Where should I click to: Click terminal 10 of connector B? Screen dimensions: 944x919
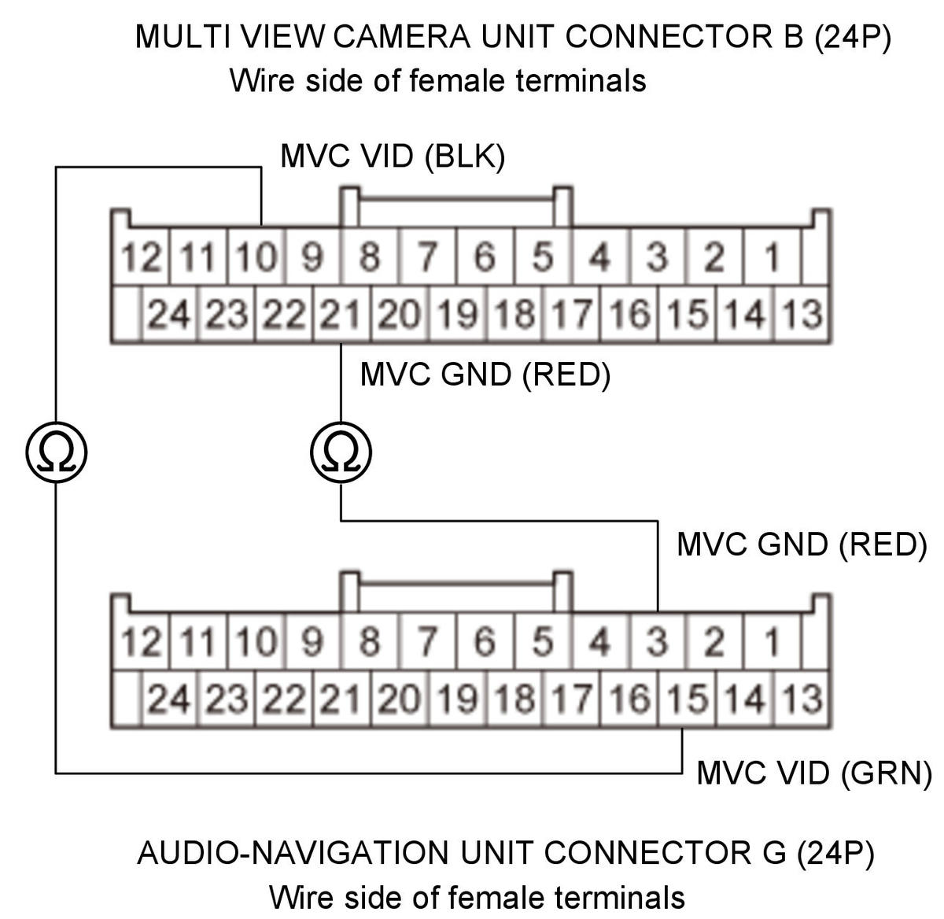click(256, 256)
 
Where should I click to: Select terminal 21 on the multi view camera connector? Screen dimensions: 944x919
click(341, 314)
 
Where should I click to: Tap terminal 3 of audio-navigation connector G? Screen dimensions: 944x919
click(658, 641)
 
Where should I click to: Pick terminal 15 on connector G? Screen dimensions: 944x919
click(687, 699)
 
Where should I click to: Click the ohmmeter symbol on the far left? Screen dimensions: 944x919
click(57, 452)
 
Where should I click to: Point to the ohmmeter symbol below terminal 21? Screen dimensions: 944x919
click(341, 452)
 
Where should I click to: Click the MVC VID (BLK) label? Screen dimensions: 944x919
click(393, 157)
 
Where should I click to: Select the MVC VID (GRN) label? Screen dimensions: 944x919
click(813, 773)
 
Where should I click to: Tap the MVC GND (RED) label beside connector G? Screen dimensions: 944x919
click(802, 544)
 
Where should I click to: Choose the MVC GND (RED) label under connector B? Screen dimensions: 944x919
click(485, 374)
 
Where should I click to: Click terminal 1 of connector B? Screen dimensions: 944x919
click(771, 256)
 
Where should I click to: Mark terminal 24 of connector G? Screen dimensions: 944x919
click(169, 699)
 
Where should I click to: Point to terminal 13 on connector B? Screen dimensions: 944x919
click(802, 314)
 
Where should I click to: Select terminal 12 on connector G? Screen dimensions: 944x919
click(141, 641)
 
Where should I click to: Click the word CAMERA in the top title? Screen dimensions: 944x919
click(402, 36)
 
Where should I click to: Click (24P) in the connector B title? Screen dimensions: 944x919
click(852, 37)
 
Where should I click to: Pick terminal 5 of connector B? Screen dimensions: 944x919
click(543, 256)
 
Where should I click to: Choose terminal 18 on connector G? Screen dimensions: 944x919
click(514, 699)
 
